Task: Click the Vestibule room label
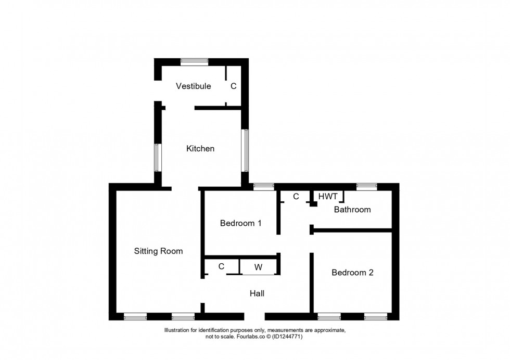[193, 86]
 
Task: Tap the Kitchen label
[200, 149]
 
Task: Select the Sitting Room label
[158, 251]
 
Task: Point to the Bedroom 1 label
[240, 223]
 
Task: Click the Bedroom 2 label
[353, 273]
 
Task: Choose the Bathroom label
[352, 210]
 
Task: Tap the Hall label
[257, 293]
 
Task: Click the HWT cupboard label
[328, 197]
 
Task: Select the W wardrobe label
[258, 267]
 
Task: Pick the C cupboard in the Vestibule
[234, 86]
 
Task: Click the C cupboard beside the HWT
[296, 197]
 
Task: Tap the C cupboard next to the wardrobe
[222, 267]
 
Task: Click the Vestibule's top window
[195, 62]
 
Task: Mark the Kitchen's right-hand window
[245, 150]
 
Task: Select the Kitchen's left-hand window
[158, 158]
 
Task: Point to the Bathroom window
[366, 187]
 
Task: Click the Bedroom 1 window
[264, 187]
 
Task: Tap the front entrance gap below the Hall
[254, 316]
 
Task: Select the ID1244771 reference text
[287, 337]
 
